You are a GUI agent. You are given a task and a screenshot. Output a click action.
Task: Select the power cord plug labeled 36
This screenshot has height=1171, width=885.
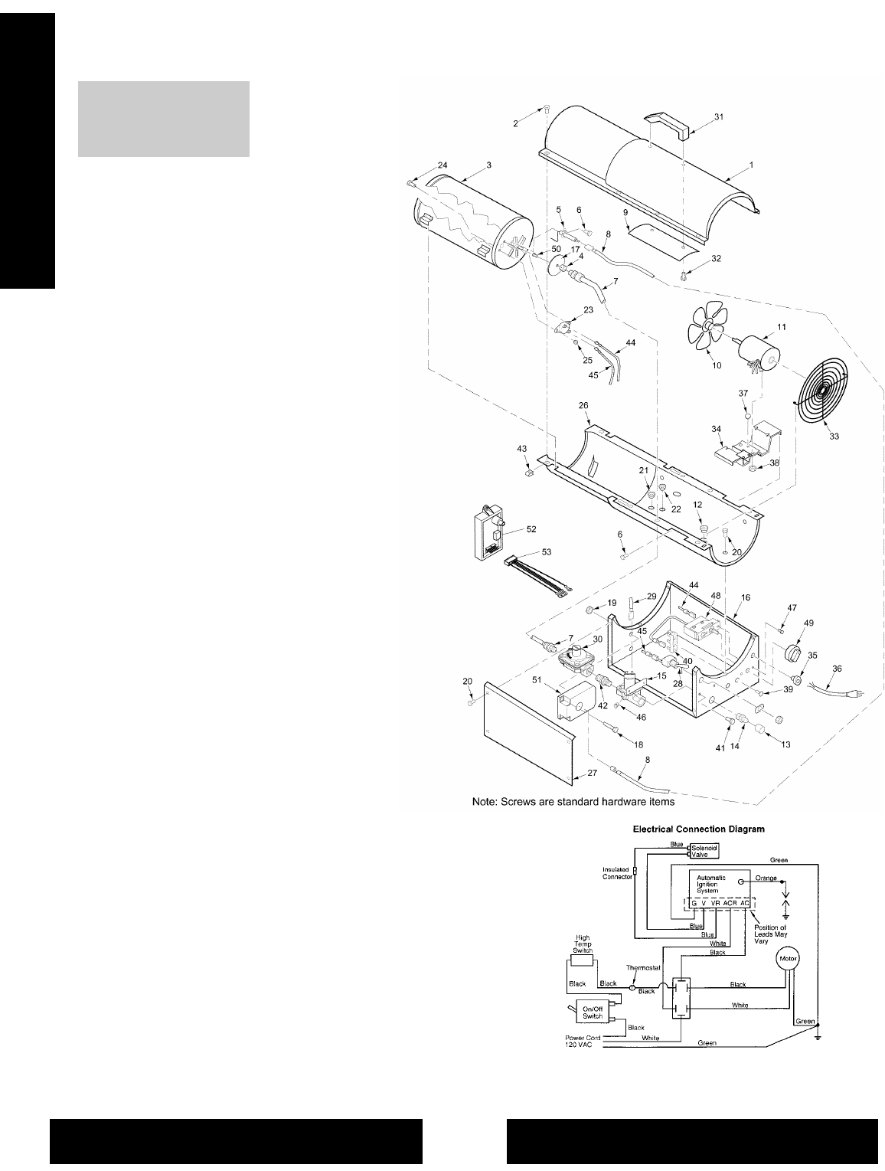click(x=843, y=692)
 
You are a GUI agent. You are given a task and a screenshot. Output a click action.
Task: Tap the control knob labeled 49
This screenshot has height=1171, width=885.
click(x=794, y=656)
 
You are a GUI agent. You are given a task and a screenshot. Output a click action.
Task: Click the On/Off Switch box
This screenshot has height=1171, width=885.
click(x=593, y=1012)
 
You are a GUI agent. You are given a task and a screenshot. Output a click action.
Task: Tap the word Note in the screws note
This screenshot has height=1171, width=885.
click(x=480, y=803)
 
